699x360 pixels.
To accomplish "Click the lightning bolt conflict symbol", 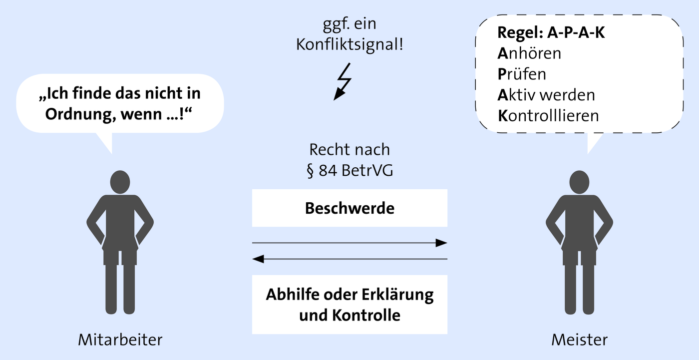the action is [343, 82].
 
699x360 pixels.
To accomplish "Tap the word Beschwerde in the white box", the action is [349, 208].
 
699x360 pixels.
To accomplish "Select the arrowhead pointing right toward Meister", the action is [441, 243].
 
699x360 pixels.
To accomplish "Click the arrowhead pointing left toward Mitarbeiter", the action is [258, 259].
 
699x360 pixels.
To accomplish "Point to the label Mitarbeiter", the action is [120, 340].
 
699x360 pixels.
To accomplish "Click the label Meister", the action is [580, 340].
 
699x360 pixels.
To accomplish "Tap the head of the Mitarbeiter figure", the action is [120, 182].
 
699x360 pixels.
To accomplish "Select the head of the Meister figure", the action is [580, 182].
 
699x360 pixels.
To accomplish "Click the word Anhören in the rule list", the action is [529, 53].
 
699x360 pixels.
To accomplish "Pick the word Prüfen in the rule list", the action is [522, 74].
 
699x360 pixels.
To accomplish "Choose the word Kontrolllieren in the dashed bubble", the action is [548, 116].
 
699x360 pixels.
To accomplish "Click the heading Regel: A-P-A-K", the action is [551, 32].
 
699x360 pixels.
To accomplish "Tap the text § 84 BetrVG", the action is [350, 171].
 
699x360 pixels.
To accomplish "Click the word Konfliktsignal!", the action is [349, 44].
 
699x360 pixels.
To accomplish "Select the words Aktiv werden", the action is [546, 95].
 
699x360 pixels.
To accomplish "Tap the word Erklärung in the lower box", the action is [397, 295].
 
